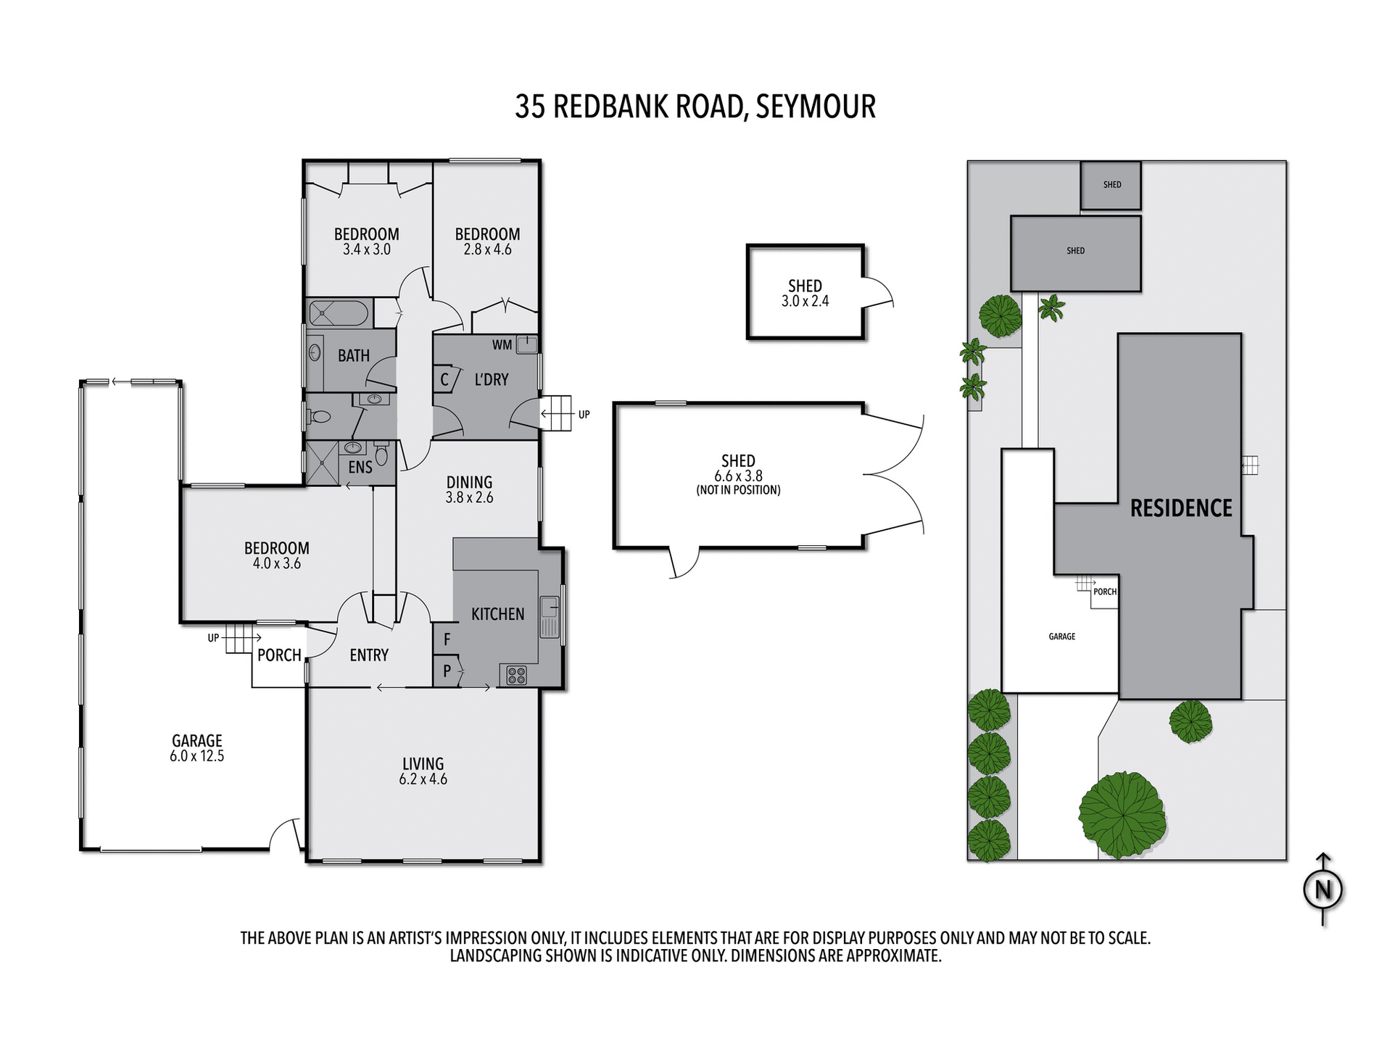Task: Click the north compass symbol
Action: pyautogui.click(x=1323, y=889)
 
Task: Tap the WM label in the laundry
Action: pyautogui.click(x=502, y=345)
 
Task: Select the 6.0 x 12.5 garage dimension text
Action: pyautogui.click(x=196, y=756)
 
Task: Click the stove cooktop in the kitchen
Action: pyautogui.click(x=516, y=676)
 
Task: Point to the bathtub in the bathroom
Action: pyautogui.click(x=339, y=314)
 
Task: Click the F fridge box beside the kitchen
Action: pyautogui.click(x=447, y=639)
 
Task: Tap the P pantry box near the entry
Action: pyautogui.click(x=447, y=671)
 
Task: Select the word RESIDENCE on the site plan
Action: pyautogui.click(x=1181, y=508)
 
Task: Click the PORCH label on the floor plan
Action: pyautogui.click(x=279, y=655)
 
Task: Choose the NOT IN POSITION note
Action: pyautogui.click(x=738, y=490)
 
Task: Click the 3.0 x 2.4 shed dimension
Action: pyautogui.click(x=805, y=302)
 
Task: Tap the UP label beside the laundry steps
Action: pyautogui.click(x=584, y=415)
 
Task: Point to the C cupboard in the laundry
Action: pyautogui.click(x=444, y=379)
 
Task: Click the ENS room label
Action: pyautogui.click(x=360, y=468)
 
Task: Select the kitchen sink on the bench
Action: pyautogui.click(x=550, y=616)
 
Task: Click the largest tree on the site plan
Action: pyautogui.click(x=1122, y=814)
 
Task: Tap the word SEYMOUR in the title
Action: pyautogui.click(x=816, y=107)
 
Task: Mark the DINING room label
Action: pyautogui.click(x=469, y=482)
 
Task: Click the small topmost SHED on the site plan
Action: pyautogui.click(x=1111, y=185)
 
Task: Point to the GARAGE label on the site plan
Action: pyautogui.click(x=1061, y=637)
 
